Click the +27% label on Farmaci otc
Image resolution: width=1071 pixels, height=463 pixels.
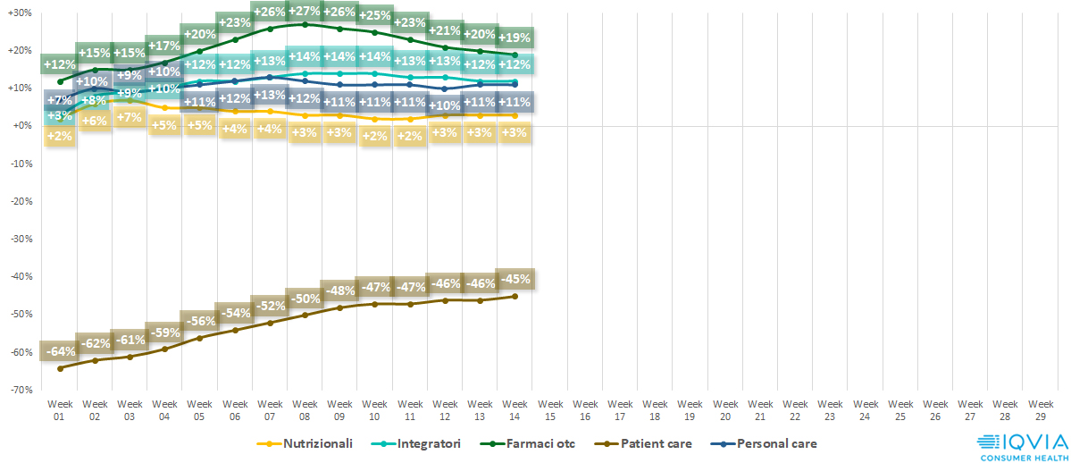coord(305,12)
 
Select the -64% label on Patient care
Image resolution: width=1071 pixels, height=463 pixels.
coord(60,350)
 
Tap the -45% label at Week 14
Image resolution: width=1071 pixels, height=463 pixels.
coord(515,278)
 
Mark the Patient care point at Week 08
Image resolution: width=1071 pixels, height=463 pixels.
coord(305,315)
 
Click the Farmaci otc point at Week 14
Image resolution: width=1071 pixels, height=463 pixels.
coord(515,55)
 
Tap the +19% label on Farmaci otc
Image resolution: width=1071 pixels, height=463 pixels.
coord(515,38)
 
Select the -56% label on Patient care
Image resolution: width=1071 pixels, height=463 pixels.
coord(200,321)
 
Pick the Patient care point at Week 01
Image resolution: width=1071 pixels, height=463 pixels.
coord(60,368)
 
